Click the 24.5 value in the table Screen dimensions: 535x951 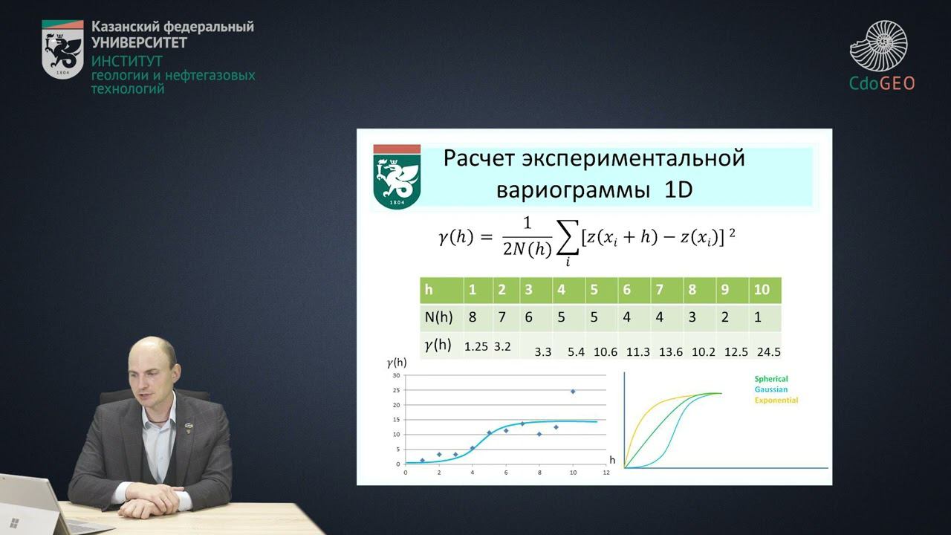(x=768, y=352)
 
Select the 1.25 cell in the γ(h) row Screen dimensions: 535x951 (x=475, y=346)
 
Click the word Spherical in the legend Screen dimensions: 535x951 (x=770, y=379)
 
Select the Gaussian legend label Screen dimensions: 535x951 (x=770, y=389)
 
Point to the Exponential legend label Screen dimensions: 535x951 (x=776, y=400)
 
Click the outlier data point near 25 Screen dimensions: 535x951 (x=573, y=391)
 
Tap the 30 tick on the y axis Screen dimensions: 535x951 (x=396, y=376)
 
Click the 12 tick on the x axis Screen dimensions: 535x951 (x=606, y=473)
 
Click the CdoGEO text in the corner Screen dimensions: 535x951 (x=882, y=83)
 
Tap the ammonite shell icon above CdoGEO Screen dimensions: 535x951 (x=880, y=46)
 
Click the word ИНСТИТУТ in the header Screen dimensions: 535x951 (x=126, y=61)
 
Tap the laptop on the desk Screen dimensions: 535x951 (x=45, y=505)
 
